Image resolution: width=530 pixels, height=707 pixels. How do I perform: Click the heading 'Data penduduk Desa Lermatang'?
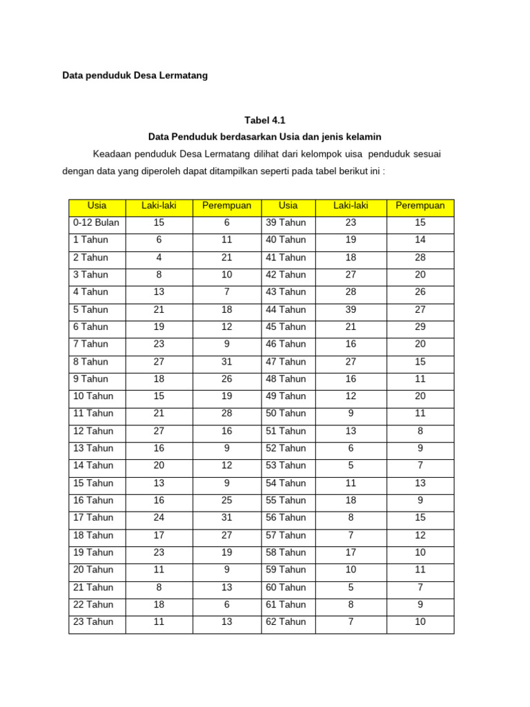135,75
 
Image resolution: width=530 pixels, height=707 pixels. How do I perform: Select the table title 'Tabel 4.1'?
265,119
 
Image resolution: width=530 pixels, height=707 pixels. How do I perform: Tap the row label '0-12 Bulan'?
95,222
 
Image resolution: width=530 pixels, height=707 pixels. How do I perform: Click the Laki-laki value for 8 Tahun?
159,361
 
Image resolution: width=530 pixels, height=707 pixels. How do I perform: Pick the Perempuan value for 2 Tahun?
227,257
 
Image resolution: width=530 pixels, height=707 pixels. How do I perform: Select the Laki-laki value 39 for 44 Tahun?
351,309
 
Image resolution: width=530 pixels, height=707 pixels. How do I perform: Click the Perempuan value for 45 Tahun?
420,327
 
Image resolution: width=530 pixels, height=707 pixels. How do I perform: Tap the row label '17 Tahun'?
93,517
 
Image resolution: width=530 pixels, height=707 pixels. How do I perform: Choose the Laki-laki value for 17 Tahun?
159,517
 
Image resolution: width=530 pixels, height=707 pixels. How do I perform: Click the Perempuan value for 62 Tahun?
420,621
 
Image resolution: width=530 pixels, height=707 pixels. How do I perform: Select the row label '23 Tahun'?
93,621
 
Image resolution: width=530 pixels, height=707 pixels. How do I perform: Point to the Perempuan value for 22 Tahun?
227,604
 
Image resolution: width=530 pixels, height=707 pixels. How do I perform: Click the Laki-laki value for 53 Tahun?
351,465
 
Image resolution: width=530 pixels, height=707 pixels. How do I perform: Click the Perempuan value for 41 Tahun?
420,257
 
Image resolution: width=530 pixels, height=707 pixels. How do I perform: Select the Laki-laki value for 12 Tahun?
159,431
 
